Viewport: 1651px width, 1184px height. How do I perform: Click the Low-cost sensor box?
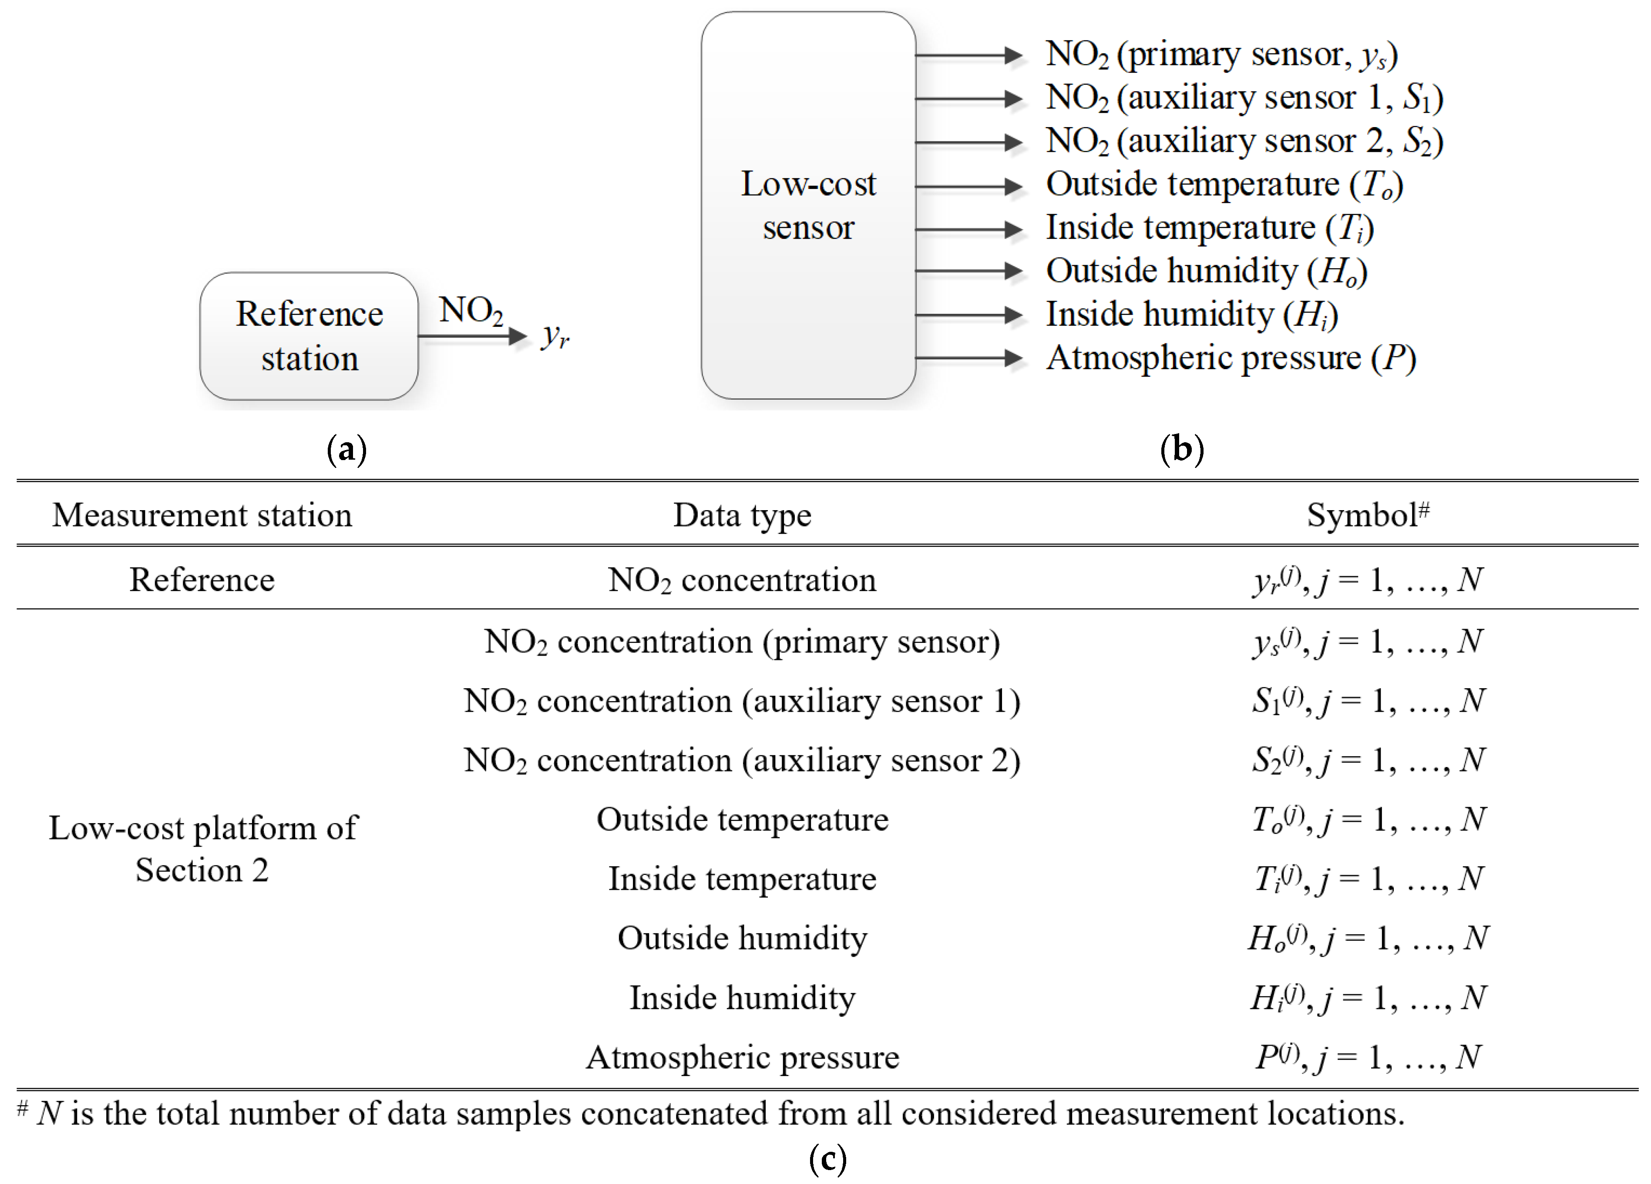coord(808,205)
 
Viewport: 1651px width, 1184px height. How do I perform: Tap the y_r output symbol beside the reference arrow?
coord(555,336)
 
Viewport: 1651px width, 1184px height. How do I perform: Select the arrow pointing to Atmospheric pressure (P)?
coord(968,357)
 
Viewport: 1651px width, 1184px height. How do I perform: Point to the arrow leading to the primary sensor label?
coord(968,54)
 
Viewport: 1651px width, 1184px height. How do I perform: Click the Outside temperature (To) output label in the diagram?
coord(1224,184)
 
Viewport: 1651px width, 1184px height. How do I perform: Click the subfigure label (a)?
coord(346,449)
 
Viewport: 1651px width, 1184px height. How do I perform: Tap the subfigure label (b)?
coord(1181,449)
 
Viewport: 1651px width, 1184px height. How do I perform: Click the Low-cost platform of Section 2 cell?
coord(202,848)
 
